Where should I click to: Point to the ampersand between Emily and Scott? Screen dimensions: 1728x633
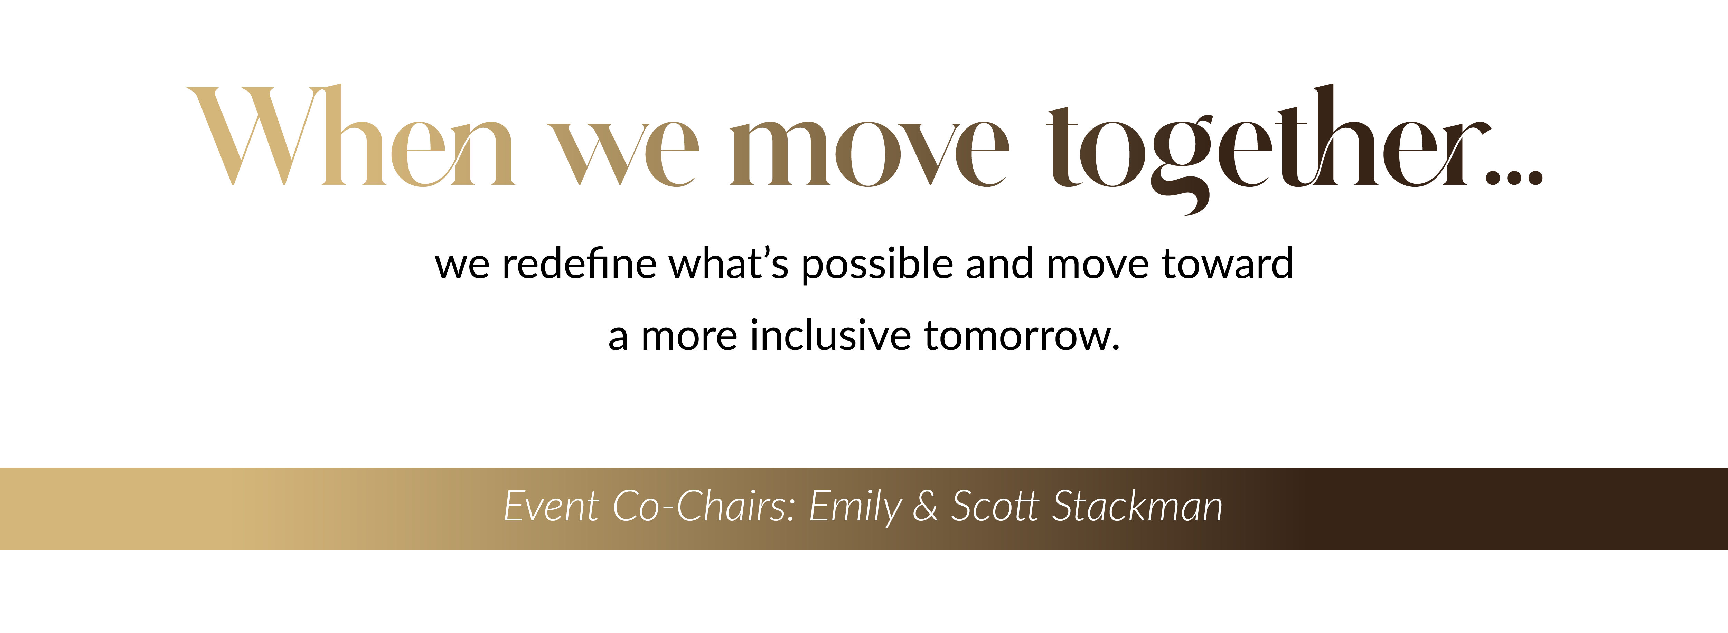click(x=925, y=506)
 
